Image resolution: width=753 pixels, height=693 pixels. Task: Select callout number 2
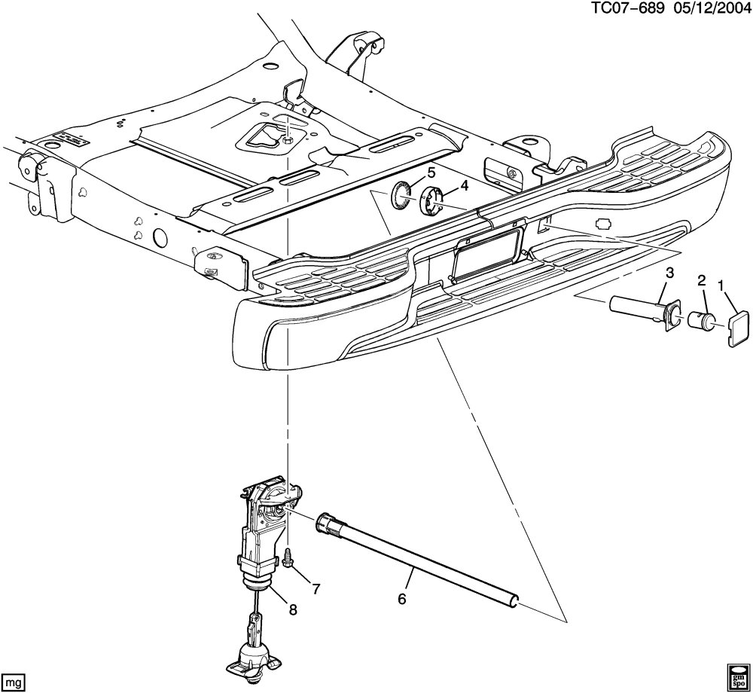(x=701, y=281)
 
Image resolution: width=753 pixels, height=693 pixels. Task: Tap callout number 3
(x=669, y=273)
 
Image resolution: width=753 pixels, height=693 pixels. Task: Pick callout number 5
(x=431, y=172)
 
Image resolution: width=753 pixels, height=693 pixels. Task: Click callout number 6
(x=401, y=599)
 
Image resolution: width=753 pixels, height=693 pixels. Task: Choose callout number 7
(x=316, y=589)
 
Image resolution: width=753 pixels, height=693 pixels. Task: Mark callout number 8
(x=293, y=609)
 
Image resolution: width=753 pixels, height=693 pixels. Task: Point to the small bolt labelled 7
(x=289, y=559)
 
